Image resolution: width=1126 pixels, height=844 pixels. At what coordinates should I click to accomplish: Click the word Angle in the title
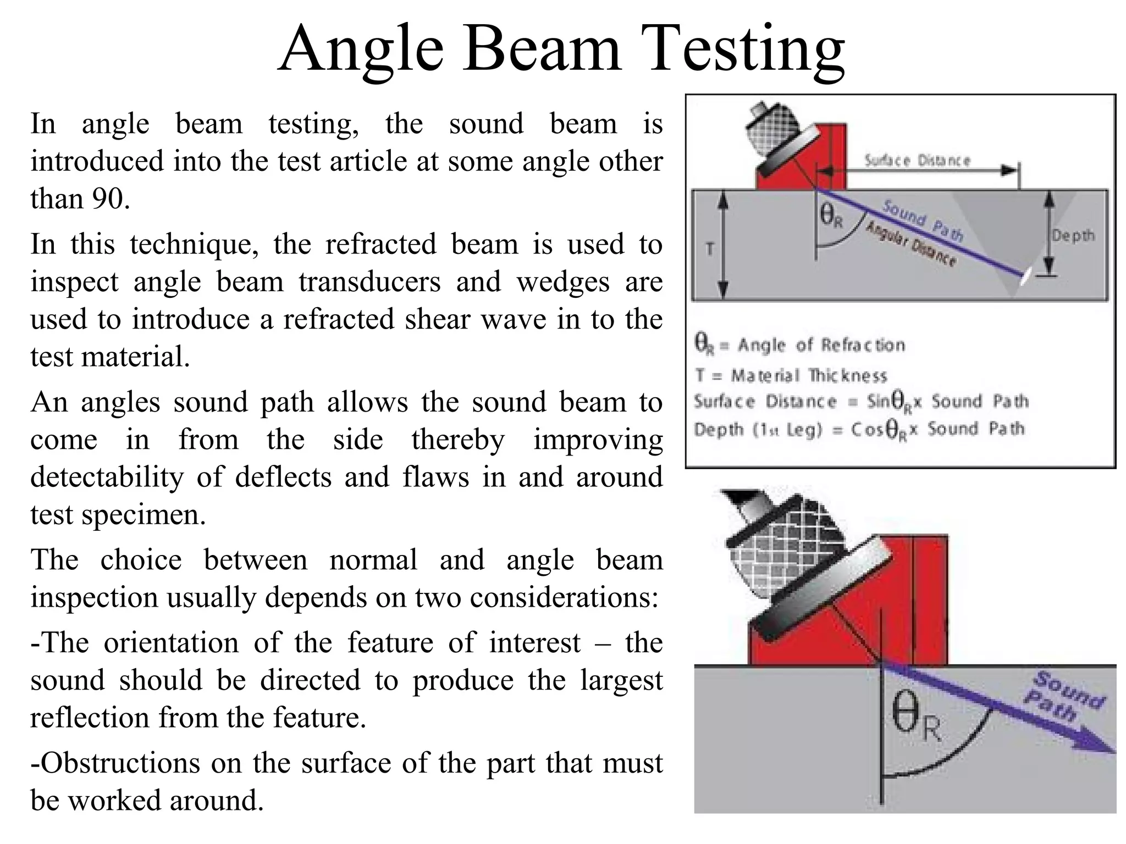pos(361,51)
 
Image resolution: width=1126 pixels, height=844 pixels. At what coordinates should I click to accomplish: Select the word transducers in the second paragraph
pos(369,282)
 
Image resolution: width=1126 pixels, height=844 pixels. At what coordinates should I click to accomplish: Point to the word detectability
pos(107,477)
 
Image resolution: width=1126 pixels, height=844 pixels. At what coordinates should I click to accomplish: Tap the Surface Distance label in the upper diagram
pos(917,161)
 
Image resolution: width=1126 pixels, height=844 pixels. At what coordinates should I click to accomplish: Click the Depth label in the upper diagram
pos(1073,236)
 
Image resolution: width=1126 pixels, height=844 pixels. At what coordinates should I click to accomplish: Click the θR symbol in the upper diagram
pos(831,215)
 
